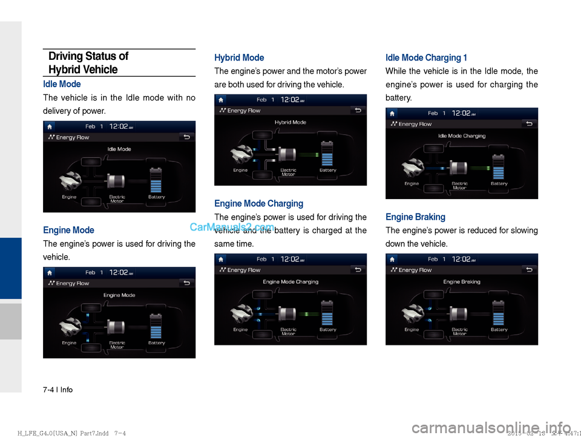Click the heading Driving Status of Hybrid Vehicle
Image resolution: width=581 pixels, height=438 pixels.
88,63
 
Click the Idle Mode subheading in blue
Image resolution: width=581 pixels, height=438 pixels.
62,84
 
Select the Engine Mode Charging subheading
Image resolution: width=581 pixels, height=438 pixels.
258,203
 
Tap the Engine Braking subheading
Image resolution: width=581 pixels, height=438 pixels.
415,217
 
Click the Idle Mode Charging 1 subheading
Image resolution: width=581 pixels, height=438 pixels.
426,58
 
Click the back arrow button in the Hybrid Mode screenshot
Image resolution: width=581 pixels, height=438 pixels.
358,110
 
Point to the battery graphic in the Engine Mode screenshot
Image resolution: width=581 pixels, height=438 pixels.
156,325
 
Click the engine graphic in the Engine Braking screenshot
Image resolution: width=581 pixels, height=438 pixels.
415,313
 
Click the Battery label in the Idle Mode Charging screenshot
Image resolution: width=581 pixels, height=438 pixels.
499,183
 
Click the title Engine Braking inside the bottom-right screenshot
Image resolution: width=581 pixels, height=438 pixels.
462,281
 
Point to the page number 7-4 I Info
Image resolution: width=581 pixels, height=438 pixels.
57,390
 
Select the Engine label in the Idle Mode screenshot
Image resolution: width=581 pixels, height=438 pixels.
69,197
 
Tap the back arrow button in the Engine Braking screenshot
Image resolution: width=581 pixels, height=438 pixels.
529,270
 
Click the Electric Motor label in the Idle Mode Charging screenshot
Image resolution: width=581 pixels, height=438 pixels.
459,185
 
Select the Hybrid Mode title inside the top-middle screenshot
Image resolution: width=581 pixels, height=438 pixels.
290,122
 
